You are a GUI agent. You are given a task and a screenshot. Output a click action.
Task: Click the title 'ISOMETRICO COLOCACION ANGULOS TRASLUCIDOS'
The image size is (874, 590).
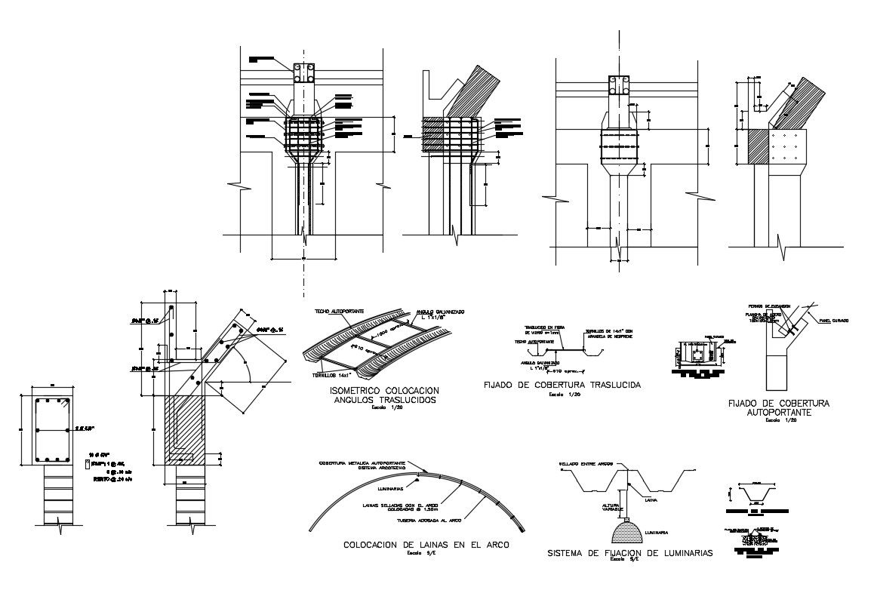383,395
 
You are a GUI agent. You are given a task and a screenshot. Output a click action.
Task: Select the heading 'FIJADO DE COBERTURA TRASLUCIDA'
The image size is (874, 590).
562,385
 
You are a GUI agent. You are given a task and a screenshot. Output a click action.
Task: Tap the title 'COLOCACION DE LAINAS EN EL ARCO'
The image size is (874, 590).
426,545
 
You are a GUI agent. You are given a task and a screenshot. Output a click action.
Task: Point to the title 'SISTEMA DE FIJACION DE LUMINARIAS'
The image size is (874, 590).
630,553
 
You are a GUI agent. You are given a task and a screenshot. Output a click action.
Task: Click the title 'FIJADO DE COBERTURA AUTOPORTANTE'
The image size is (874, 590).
778,408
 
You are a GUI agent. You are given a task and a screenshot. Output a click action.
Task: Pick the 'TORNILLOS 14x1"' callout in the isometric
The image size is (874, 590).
328,375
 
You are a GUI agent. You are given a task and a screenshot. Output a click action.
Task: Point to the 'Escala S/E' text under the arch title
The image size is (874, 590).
426,554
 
